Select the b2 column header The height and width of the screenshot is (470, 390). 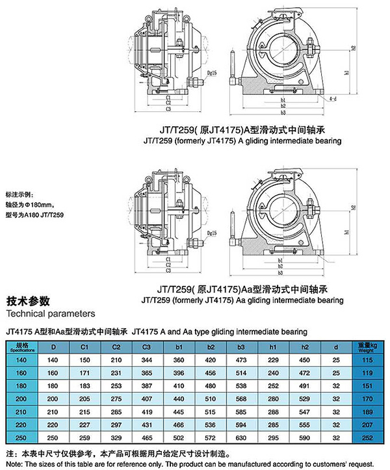point(211,346)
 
